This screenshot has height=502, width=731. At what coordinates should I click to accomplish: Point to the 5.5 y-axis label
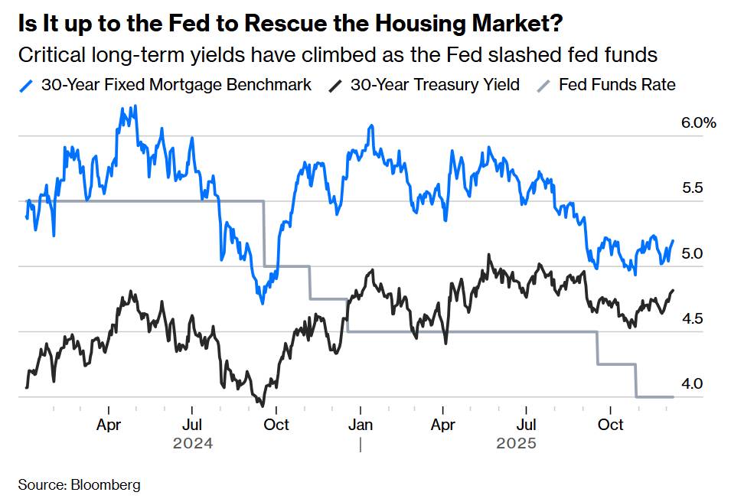[691, 187]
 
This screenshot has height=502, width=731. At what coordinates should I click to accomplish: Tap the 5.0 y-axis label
[691, 253]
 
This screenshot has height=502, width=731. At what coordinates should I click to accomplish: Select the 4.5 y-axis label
[691, 318]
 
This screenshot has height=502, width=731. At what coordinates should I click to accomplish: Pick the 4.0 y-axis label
[691, 384]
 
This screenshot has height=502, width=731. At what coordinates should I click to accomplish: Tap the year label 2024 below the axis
[192, 443]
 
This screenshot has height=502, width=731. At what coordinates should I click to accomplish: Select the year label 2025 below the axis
[516, 443]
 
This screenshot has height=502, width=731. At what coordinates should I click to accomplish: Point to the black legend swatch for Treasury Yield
[334, 85]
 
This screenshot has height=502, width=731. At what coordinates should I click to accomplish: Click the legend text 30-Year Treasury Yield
[435, 84]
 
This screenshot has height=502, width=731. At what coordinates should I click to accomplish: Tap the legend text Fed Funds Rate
[617, 84]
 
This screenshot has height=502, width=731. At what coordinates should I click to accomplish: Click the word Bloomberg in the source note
[106, 484]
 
